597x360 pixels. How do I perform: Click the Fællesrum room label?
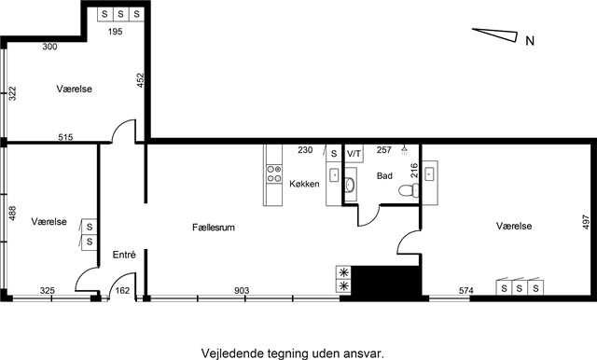(214, 228)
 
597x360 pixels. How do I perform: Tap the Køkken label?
(304, 184)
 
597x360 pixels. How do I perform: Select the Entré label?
(124, 255)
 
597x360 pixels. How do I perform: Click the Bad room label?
(384, 176)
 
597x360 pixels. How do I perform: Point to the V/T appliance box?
(354, 153)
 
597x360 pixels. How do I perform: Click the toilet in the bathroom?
(409, 190)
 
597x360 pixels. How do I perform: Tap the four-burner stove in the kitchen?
(274, 173)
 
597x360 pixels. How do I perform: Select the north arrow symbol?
(495, 35)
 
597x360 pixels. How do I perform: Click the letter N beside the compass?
(530, 41)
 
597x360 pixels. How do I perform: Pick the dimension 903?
(242, 291)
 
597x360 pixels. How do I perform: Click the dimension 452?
(141, 80)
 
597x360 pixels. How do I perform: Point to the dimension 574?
(466, 291)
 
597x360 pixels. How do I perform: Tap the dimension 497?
(586, 222)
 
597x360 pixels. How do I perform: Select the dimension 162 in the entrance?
(122, 291)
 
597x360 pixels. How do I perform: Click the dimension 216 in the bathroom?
(414, 171)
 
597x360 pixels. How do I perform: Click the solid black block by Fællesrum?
(386, 282)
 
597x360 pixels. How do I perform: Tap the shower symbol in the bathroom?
(404, 150)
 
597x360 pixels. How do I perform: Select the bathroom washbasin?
(351, 185)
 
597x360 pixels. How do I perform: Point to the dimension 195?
(115, 32)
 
